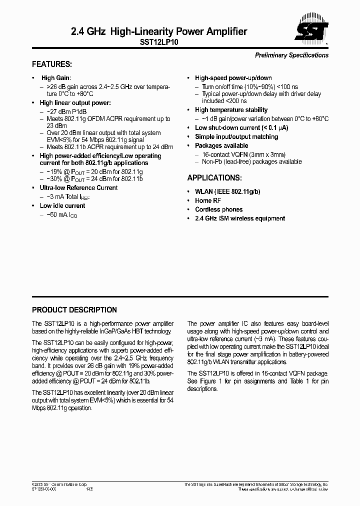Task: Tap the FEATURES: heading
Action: [x=52, y=64]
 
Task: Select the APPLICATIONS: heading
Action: [x=214, y=178]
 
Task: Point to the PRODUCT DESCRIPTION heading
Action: [x=74, y=310]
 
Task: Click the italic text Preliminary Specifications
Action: [x=291, y=55]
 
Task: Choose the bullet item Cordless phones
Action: [x=218, y=209]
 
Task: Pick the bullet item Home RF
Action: [x=207, y=200]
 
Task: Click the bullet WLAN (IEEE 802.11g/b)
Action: [x=227, y=191]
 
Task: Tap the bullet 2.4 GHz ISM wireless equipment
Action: [x=240, y=218]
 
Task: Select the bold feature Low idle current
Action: [x=62, y=205]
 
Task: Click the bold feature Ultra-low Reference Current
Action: [x=78, y=188]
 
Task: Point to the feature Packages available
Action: [x=221, y=145]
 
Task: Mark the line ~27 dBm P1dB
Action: [x=67, y=111]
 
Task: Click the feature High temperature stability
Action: [x=231, y=109]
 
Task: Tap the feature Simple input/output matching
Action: [x=236, y=136]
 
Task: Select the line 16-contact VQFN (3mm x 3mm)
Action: [x=244, y=154]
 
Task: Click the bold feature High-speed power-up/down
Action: [x=233, y=78]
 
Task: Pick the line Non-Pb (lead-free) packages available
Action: [x=251, y=161]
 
